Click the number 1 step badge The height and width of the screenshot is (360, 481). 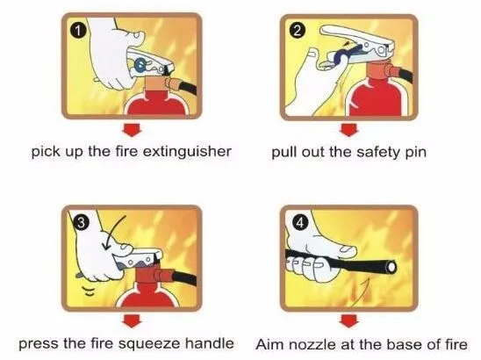point(79,31)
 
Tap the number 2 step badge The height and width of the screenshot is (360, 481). point(298,31)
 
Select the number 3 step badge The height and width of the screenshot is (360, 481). point(81,222)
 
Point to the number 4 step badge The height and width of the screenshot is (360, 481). point(299,223)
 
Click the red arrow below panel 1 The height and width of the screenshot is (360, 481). point(132,130)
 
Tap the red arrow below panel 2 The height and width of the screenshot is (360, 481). point(348,130)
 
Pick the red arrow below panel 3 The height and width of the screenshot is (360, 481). point(132,320)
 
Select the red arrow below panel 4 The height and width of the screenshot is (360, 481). point(348,320)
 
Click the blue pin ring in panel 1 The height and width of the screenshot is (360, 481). point(140,65)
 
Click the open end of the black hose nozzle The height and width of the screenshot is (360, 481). point(391,268)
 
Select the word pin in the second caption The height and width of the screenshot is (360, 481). point(416,153)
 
